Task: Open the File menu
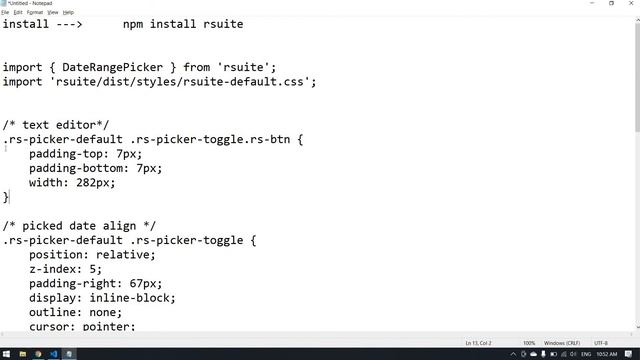tap(6, 12)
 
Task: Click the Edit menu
tap(18, 12)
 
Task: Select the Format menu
tap(35, 12)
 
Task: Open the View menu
tap(54, 12)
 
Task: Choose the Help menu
tap(69, 12)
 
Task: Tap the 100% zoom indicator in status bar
tap(529, 343)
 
